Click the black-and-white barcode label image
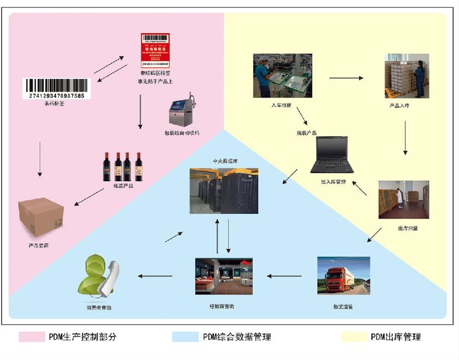[x=56, y=89]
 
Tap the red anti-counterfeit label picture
[x=155, y=50]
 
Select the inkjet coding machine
[x=182, y=111]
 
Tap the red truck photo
[x=343, y=275]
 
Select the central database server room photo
[x=224, y=190]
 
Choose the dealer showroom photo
[x=224, y=277]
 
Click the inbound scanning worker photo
[x=282, y=75]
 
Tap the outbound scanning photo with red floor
[x=403, y=199]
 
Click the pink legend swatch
[x=31, y=337]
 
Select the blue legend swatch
[x=185, y=337]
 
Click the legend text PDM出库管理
[x=395, y=337]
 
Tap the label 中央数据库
[x=224, y=161]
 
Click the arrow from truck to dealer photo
[x=284, y=276]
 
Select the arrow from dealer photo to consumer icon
[x=155, y=276]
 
